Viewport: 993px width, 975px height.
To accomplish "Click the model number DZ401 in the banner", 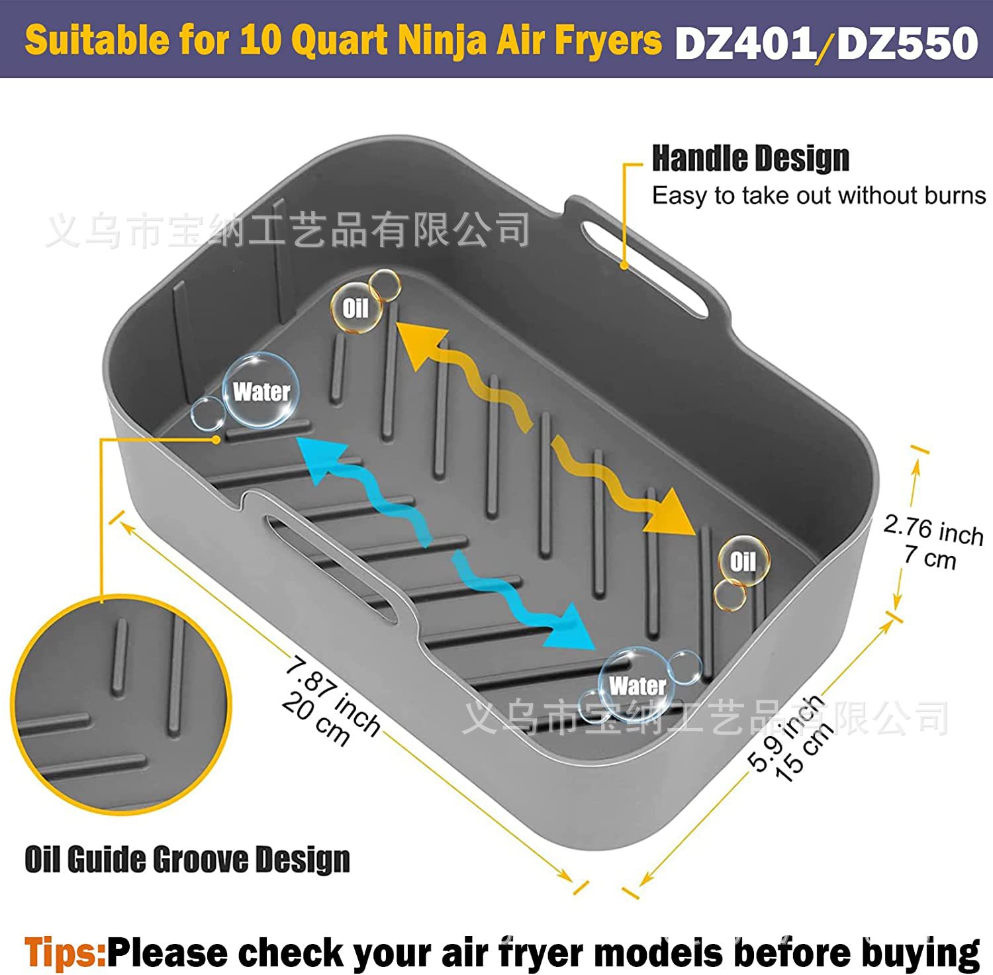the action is coord(745,44).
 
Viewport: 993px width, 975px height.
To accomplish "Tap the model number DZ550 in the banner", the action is coord(908,44).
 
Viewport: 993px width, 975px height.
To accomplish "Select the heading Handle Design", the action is coord(750,159).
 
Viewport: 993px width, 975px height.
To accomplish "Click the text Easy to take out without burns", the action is coord(819,196).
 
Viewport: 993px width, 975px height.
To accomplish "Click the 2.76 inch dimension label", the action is coord(933,530).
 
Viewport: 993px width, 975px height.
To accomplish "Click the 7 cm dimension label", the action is coord(930,557).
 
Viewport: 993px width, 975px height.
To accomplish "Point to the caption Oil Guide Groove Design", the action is coord(187,859).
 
